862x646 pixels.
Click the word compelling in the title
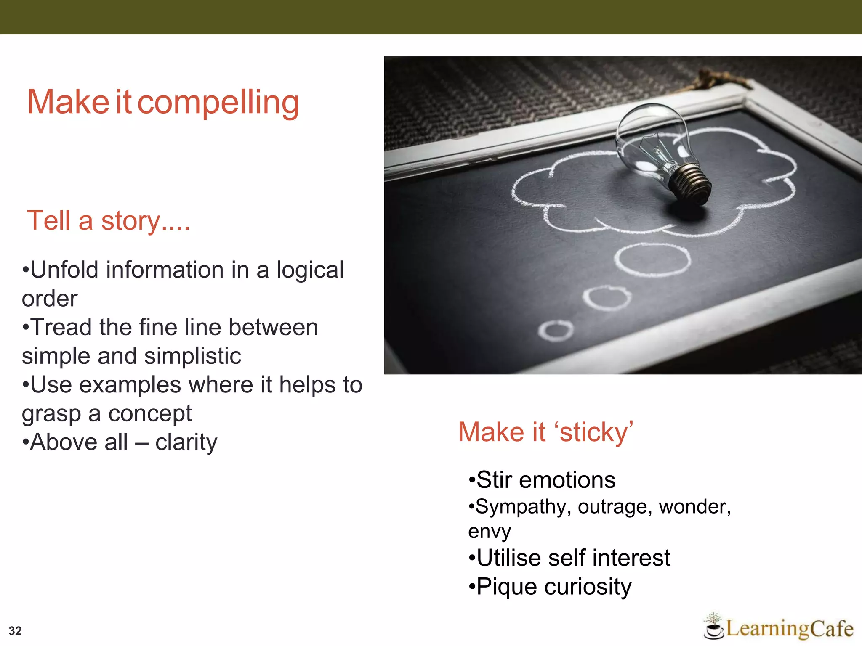click(218, 103)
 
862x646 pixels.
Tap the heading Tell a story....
click(108, 220)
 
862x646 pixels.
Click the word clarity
click(186, 442)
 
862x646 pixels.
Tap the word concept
click(150, 414)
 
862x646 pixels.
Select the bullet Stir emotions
click(542, 480)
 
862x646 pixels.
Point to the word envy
click(489, 532)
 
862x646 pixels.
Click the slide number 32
click(15, 630)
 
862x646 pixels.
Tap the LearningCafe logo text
click(789, 629)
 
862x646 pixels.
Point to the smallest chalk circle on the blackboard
click(556, 331)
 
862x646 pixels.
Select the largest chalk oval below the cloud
click(652, 259)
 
